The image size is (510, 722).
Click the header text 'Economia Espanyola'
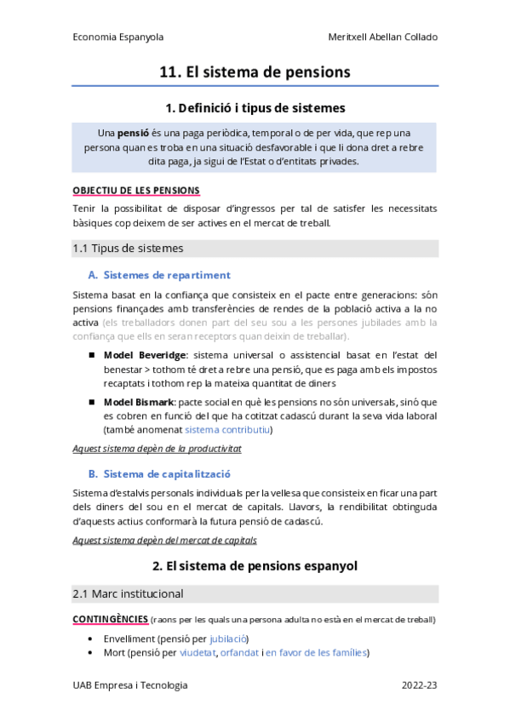118,37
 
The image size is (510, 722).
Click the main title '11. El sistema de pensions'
255,72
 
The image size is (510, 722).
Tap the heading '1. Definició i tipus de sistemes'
255,108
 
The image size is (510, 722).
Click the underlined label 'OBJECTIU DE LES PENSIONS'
137,189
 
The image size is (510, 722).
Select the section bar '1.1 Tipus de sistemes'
128,249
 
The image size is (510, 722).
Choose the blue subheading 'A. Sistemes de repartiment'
159,275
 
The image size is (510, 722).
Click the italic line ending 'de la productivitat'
158,448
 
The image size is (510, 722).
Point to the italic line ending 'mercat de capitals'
165,539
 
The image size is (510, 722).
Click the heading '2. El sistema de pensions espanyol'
255,565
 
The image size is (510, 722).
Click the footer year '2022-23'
420,685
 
